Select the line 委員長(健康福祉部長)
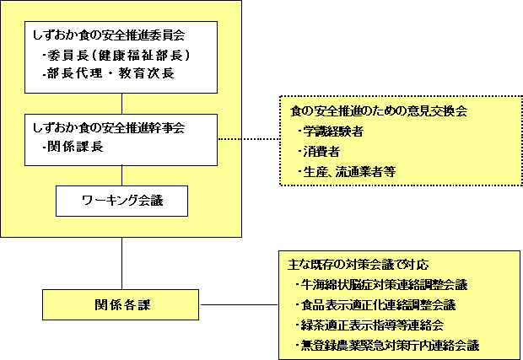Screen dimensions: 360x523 (116, 56)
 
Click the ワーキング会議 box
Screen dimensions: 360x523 (121, 201)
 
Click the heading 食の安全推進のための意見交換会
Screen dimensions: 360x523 (379, 110)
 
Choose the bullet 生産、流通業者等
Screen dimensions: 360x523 (347, 172)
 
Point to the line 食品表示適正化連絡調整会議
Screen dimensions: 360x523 (375, 304)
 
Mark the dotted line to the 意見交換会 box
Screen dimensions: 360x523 (249, 139)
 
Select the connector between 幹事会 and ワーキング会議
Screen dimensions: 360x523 (122, 175)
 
